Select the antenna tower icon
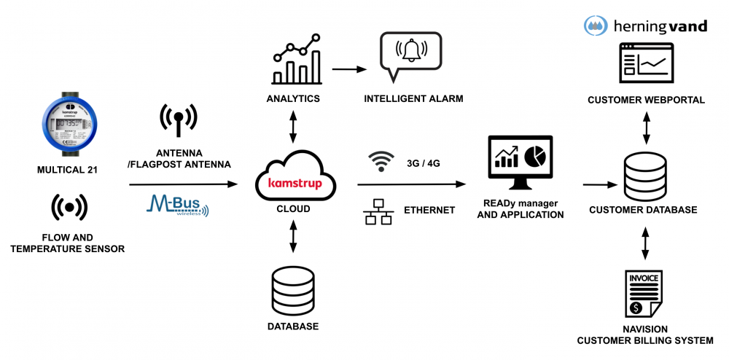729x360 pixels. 178,120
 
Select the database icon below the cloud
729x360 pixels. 292,290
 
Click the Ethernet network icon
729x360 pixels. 378,211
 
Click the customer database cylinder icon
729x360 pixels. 644,178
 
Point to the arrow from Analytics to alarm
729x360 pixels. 349,70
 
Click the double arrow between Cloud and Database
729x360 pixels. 293,238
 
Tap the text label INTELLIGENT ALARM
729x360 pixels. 413,98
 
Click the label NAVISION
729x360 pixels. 644,329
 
